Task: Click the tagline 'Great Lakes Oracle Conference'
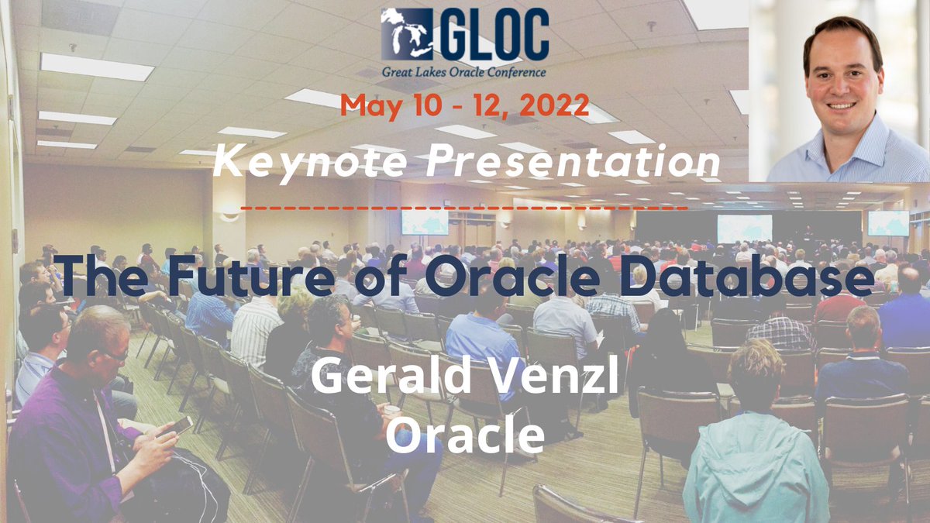point(464,72)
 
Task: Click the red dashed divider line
point(464,208)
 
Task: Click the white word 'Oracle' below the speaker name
point(464,435)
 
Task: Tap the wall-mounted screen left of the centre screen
point(424,222)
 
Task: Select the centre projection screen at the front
point(744,228)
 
